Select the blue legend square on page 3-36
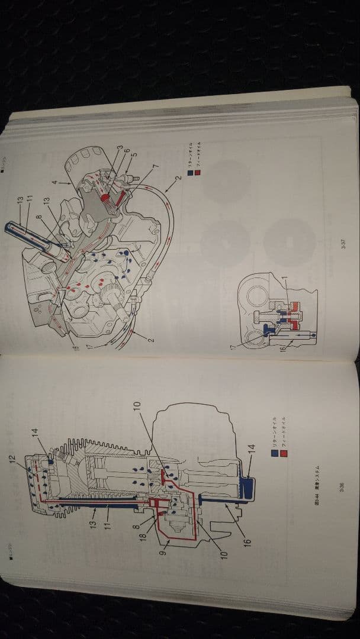click(274, 454)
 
